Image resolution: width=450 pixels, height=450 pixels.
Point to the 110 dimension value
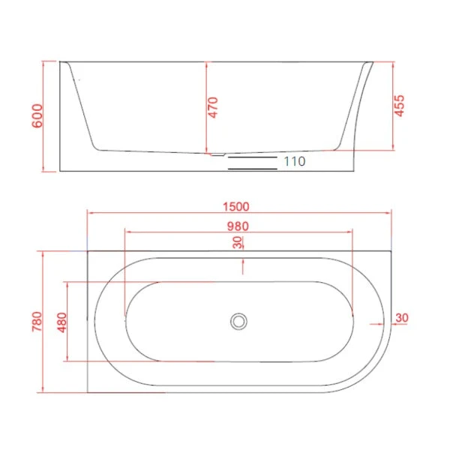[294, 160]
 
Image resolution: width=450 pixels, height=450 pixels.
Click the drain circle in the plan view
[238, 321]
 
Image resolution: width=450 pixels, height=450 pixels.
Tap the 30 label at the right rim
[400, 318]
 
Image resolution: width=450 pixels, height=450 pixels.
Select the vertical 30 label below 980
[237, 242]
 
